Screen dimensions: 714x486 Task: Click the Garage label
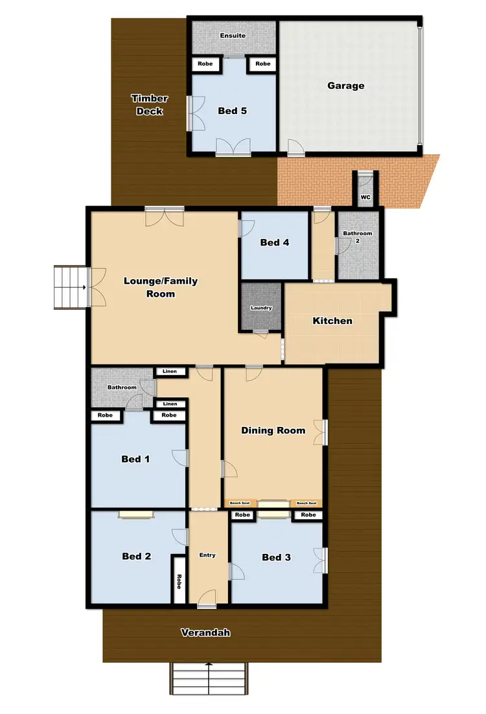345,86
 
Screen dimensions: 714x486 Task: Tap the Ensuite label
233,36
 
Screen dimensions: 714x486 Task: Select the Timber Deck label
150,104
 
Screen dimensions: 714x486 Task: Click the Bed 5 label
232,111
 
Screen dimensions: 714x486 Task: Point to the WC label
365,197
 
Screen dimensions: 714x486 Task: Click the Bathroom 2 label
358,236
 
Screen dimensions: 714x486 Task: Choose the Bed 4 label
274,242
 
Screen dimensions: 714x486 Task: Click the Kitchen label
332,321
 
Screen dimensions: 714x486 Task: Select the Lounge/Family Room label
161,287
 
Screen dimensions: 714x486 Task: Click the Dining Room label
273,430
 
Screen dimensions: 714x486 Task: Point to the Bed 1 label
135,459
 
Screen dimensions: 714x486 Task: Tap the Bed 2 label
136,556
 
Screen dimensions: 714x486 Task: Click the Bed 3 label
276,557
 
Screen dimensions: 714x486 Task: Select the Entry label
207,555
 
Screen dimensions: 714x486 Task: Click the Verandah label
205,632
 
